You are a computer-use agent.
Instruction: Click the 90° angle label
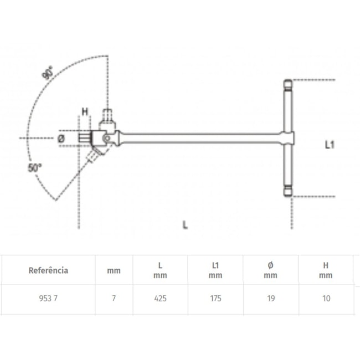click(49, 73)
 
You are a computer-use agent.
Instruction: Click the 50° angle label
click(35, 167)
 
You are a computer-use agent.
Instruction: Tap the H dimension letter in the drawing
click(85, 112)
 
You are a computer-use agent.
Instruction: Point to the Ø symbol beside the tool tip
click(61, 137)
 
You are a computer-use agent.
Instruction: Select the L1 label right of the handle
click(330, 145)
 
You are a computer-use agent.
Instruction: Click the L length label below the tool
click(185, 224)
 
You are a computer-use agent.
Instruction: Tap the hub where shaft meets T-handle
click(287, 137)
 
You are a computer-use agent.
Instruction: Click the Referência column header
click(48, 270)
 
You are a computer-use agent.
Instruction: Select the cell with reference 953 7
click(48, 298)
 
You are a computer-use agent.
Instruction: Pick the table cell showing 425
click(160, 298)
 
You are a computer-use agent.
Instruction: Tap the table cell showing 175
click(215, 298)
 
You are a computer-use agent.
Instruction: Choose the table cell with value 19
click(270, 298)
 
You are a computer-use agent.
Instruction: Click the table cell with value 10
click(326, 298)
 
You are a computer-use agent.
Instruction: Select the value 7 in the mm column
click(114, 298)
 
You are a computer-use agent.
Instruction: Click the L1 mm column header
click(215, 270)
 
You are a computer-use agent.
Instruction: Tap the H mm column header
click(326, 270)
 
